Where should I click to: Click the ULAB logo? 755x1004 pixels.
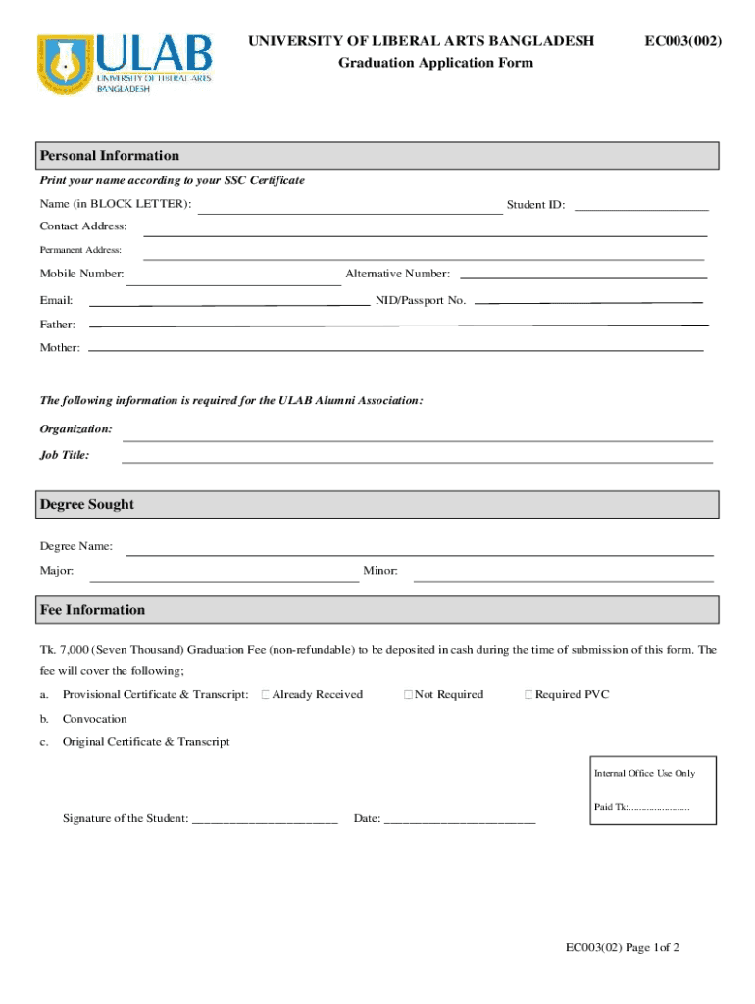tap(126, 64)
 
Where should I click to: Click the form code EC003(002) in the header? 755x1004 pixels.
tap(683, 40)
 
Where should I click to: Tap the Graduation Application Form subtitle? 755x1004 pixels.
tap(436, 63)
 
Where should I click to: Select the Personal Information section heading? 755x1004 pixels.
tap(109, 156)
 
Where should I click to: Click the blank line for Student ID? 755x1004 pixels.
tap(641, 209)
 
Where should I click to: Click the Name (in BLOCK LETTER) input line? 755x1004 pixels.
tap(350, 211)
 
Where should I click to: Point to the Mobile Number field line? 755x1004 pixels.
tap(233, 283)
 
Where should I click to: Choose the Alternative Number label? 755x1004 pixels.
tap(397, 274)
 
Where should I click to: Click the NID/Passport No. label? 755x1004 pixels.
tap(420, 300)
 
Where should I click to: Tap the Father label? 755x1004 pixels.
tap(57, 324)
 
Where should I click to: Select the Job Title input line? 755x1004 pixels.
tap(417, 460)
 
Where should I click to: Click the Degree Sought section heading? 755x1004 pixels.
tap(86, 505)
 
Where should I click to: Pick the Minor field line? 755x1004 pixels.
tap(563, 580)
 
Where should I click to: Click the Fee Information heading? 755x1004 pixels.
tap(92, 610)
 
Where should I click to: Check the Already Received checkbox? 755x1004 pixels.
tap(266, 695)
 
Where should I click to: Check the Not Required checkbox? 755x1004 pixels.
tap(408, 695)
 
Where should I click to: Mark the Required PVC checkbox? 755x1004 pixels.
tap(528, 695)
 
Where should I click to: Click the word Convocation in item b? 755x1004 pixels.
tap(95, 719)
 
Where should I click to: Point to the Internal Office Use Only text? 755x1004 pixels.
tap(644, 773)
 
